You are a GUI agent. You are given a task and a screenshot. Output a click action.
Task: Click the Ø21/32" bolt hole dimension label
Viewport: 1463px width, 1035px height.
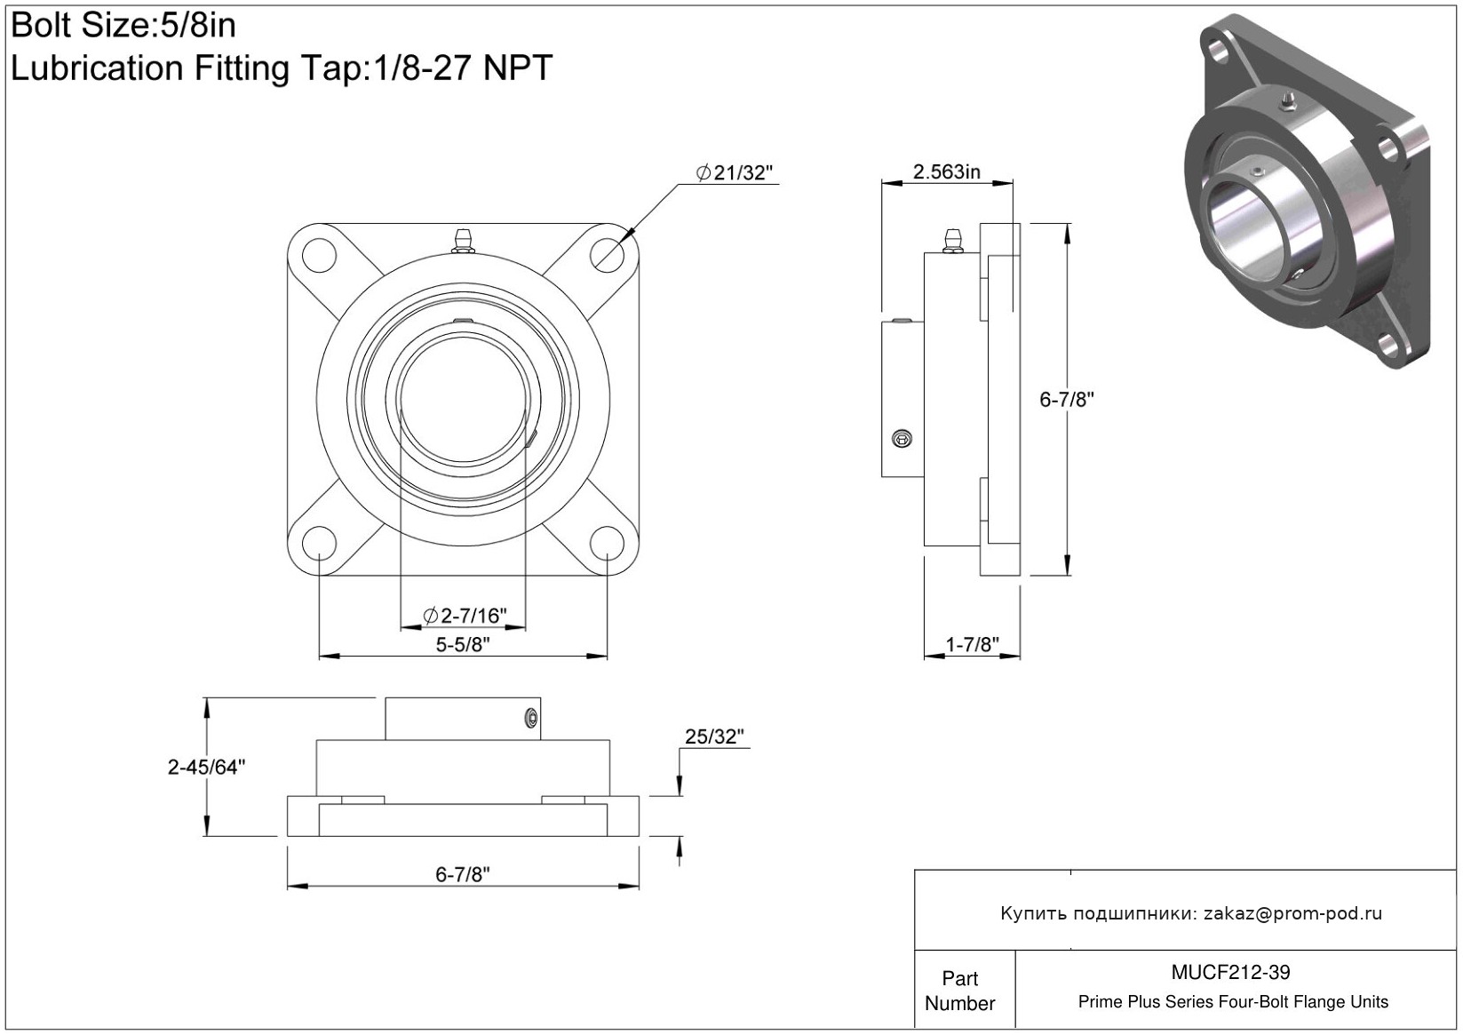point(734,172)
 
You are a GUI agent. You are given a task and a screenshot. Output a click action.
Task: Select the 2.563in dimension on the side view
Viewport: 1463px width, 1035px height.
point(946,171)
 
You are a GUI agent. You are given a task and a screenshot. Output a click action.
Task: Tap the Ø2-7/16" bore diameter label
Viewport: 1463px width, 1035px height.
point(465,615)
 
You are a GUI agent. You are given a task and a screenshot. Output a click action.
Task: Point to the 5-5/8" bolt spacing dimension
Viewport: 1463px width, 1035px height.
point(463,644)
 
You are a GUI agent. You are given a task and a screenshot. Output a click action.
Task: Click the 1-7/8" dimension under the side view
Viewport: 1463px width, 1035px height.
point(972,644)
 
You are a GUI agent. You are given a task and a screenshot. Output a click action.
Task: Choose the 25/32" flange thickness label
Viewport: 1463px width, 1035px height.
point(714,736)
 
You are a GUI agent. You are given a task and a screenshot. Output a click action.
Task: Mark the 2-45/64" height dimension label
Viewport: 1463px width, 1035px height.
point(206,767)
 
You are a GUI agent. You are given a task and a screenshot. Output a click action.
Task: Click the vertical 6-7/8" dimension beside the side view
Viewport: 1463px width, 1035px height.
point(1067,399)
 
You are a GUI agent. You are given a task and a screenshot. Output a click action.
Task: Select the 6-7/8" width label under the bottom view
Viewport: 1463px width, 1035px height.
point(463,874)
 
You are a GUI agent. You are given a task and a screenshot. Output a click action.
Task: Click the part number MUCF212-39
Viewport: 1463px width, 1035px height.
point(1230,972)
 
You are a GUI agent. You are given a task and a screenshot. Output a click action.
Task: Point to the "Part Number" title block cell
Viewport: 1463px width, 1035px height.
point(959,991)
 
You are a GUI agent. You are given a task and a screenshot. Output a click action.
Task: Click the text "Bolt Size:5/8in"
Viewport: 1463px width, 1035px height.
point(123,26)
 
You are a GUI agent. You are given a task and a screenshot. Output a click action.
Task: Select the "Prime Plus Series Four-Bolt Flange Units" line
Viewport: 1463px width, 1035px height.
point(1233,1001)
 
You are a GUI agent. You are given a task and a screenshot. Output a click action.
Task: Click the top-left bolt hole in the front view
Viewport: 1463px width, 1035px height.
point(320,256)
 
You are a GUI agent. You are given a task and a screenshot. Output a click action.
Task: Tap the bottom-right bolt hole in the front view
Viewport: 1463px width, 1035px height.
point(607,543)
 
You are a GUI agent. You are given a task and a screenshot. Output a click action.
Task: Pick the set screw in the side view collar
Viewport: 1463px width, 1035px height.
point(902,439)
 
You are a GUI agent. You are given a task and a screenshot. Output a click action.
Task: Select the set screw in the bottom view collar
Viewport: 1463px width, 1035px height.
point(532,719)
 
